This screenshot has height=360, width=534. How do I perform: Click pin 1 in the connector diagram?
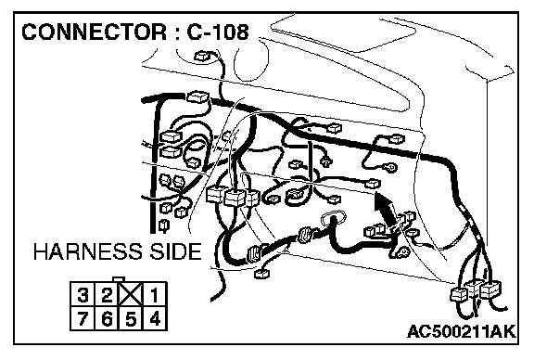point(155,294)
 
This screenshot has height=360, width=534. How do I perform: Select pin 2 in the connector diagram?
point(107,294)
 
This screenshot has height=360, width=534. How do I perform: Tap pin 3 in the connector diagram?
point(83,294)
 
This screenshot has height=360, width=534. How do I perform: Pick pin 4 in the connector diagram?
point(155,319)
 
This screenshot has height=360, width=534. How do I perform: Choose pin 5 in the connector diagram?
point(131,319)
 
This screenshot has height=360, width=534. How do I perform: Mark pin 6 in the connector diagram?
point(107,319)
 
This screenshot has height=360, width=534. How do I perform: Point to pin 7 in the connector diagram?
point(83,319)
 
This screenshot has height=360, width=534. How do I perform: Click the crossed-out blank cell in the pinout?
point(131,294)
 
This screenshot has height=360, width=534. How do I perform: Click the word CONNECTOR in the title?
point(95,32)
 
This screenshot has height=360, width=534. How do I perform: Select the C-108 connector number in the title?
point(218,32)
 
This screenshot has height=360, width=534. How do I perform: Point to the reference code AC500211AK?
point(462,331)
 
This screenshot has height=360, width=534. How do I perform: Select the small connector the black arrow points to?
point(373,184)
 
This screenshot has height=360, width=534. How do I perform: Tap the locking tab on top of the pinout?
point(119,279)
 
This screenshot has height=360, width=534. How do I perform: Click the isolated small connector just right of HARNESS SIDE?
point(262,273)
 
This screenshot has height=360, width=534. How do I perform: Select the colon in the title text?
point(176,33)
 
